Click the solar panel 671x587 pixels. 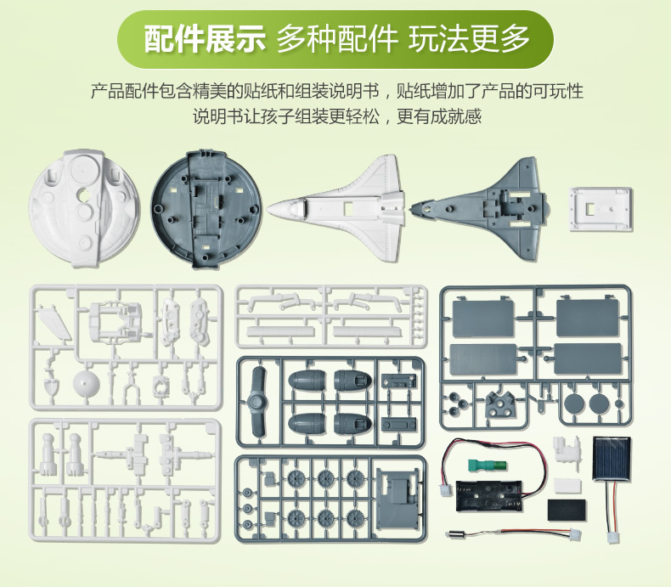pos(612,458)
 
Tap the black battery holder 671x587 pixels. pos(488,495)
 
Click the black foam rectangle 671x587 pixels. pos(567,509)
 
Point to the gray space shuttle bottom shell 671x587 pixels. pos(479,209)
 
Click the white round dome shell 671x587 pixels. pos(84,208)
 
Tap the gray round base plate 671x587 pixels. pos(206,209)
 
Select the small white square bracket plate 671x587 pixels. pos(601,209)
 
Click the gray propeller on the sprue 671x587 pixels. pos(257,401)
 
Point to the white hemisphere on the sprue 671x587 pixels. pos(86,384)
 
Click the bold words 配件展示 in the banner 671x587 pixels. pos(205,39)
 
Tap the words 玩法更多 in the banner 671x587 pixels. pos(469,39)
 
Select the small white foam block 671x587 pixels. pos(567,486)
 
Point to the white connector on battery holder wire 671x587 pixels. pos(446,490)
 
